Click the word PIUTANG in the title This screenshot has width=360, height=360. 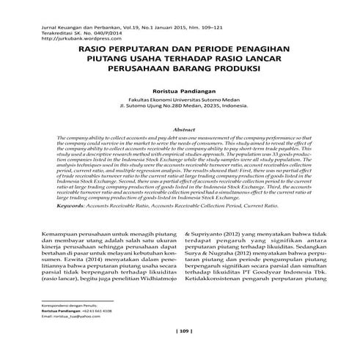coord(110,64)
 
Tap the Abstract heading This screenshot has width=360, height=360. coord(179,128)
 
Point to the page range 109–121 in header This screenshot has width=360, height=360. coord(196,26)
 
